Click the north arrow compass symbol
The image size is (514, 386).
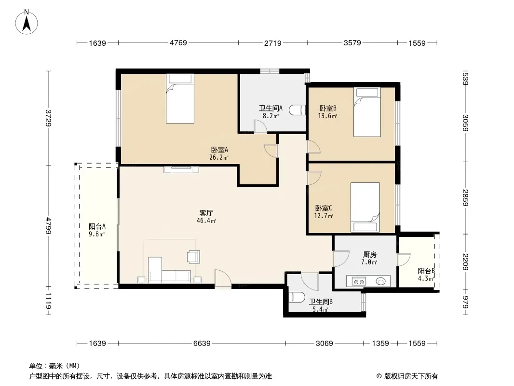coord(27,22)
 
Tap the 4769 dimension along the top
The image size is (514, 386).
coord(178,42)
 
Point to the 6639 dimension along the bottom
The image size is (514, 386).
coord(202,343)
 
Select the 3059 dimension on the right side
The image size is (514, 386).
coord(465,123)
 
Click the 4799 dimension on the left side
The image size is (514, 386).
coord(49,225)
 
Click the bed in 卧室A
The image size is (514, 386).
coord(180,98)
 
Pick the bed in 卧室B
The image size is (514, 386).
coord(367,112)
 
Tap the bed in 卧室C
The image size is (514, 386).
coord(365,207)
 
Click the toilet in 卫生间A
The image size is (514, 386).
coord(298,110)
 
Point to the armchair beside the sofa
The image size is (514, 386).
coord(193,257)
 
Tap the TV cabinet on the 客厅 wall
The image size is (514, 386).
coord(181,169)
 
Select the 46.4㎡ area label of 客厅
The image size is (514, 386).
coord(206,221)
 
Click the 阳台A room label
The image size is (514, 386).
coord(97,226)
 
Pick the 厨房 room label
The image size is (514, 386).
coord(370,254)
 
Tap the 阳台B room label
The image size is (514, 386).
coord(426,271)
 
